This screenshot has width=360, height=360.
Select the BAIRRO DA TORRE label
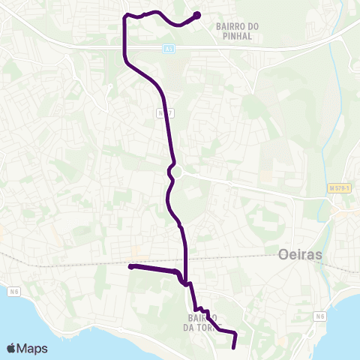(199, 321)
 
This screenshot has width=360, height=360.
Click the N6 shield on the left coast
(14, 290)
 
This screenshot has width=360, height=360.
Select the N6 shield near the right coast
(320, 316)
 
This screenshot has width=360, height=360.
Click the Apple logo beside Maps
(12, 348)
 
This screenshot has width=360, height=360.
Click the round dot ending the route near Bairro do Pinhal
(197, 15)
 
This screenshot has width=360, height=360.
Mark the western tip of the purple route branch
(130, 266)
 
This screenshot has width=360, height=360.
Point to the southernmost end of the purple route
(233, 346)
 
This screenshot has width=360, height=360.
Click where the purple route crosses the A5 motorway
(124, 47)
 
